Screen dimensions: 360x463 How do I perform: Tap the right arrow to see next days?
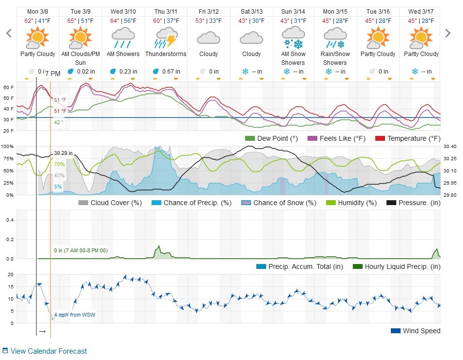pyautogui.click(x=448, y=33)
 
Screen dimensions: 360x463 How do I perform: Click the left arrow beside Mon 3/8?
pyautogui.click(x=8, y=33)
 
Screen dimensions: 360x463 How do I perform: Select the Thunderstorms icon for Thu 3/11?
pyautogui.click(x=166, y=37)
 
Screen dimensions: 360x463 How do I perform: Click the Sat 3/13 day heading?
pyautogui.click(x=251, y=11)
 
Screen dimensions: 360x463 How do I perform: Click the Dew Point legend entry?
pyautogui.click(x=271, y=139)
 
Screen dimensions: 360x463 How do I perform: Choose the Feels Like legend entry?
pyautogui.click(x=336, y=139)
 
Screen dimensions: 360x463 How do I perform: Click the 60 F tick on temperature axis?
pyautogui.click(x=8, y=87)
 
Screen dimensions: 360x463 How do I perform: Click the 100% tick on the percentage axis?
pyautogui.click(x=7, y=146)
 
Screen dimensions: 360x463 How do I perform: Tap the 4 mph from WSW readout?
pyautogui.click(x=75, y=315)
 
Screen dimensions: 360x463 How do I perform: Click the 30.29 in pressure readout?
pyautogui.click(x=63, y=153)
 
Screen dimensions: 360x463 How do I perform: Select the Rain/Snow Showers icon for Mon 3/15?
pyautogui.click(x=335, y=37)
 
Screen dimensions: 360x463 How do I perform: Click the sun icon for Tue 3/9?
pyautogui.click(x=80, y=37)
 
